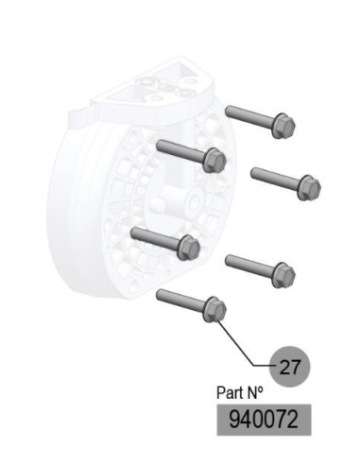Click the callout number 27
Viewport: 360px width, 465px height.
[x=290, y=367]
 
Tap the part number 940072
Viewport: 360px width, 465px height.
[x=264, y=420]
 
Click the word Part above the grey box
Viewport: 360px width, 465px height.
[x=229, y=393]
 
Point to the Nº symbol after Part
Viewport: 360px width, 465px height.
[x=253, y=392]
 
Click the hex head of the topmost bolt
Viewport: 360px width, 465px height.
[x=283, y=127]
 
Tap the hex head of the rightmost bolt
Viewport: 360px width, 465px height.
[x=309, y=187]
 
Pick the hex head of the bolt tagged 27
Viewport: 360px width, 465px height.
[x=215, y=310]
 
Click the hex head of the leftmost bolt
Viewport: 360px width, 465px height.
[x=189, y=248]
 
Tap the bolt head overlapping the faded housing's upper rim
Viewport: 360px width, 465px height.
[x=215, y=160]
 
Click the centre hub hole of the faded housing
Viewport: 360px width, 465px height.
[x=195, y=202]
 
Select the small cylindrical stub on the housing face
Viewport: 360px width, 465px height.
[x=159, y=205]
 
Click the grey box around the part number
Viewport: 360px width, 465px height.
[x=264, y=420]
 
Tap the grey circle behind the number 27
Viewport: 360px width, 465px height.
[x=290, y=367]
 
